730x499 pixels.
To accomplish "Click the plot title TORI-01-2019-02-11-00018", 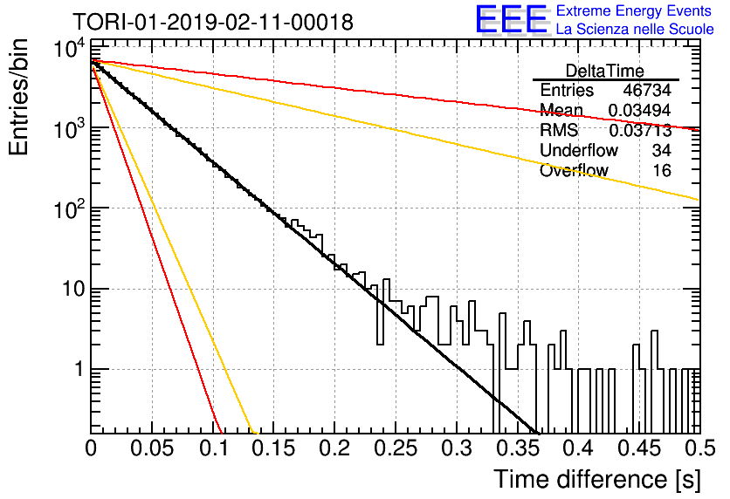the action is click(213, 22).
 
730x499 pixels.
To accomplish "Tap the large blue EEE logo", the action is click(512, 19).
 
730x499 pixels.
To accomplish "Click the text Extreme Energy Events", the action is click(634, 10).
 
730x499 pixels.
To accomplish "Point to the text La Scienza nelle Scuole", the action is click(635, 30).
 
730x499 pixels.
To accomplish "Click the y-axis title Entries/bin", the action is click(18, 98).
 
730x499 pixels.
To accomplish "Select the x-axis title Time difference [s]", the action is click(597, 479).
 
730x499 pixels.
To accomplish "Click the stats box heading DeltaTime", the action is click(604, 72).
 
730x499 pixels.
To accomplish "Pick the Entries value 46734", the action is click(647, 90).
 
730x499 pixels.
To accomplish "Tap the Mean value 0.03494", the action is click(640, 110).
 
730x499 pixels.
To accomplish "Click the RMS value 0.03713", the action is click(640, 131).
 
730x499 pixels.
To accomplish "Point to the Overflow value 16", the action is click(662, 171).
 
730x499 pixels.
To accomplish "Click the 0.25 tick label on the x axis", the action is click(396, 448).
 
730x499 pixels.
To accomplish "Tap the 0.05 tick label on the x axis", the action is click(152, 448).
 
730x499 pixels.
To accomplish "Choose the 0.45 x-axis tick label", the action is click(640, 448).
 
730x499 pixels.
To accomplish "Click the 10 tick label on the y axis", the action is click(73, 290).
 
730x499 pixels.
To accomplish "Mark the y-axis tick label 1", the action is click(79, 370).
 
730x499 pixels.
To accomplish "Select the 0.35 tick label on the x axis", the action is click(518, 448).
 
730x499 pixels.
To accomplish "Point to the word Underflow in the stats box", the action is click(579, 150).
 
